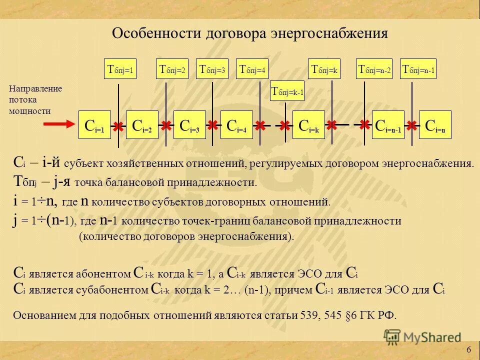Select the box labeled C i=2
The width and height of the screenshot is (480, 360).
point(142,125)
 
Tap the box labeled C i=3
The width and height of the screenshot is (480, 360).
point(189,125)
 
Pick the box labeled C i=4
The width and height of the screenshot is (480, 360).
point(236,125)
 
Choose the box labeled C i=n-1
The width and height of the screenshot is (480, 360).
point(387,125)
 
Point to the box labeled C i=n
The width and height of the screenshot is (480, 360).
point(435,125)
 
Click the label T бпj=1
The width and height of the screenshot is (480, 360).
point(120,70)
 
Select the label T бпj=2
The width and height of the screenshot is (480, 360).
point(172,70)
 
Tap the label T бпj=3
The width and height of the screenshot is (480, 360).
point(213,70)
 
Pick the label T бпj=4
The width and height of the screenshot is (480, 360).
point(252,70)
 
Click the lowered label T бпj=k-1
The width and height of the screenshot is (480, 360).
point(287,91)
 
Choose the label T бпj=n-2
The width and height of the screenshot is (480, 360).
point(374,70)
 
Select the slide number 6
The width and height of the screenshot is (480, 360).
point(468,349)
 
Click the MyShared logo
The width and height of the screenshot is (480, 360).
point(422,337)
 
